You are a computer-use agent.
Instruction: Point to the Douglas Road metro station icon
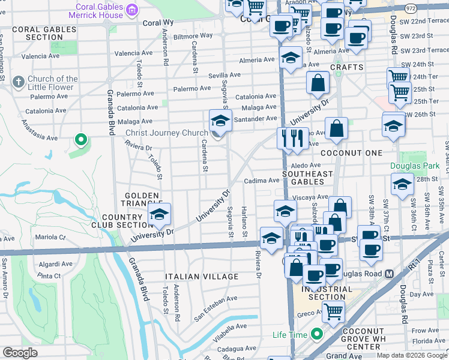[x=389, y=274]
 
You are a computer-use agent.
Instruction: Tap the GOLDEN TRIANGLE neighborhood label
[x=142, y=200]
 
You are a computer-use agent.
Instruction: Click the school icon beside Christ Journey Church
[x=220, y=121]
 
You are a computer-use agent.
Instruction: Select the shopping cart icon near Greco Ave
[x=333, y=311]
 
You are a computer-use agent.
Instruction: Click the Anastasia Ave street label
[x=39, y=131]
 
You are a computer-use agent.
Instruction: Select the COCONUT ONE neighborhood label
[x=351, y=153]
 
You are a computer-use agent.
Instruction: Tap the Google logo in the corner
[x=20, y=353]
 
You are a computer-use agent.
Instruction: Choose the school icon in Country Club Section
[x=159, y=214]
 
